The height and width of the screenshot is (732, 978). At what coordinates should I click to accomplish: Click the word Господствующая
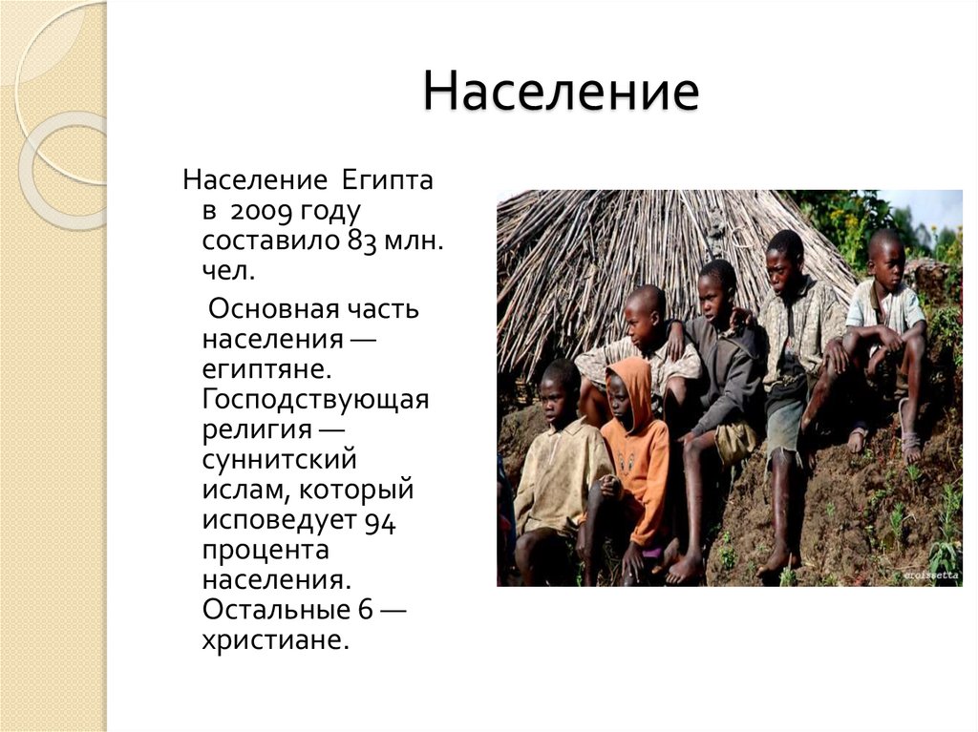315,399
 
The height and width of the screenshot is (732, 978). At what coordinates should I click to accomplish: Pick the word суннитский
279,459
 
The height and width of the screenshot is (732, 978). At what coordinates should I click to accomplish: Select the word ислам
244,490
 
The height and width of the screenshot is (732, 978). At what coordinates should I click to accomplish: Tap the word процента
266,551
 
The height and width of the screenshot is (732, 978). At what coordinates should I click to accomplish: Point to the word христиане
271,638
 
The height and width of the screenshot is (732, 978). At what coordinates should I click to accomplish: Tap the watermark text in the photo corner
930,575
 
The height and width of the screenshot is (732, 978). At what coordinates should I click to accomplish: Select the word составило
269,240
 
